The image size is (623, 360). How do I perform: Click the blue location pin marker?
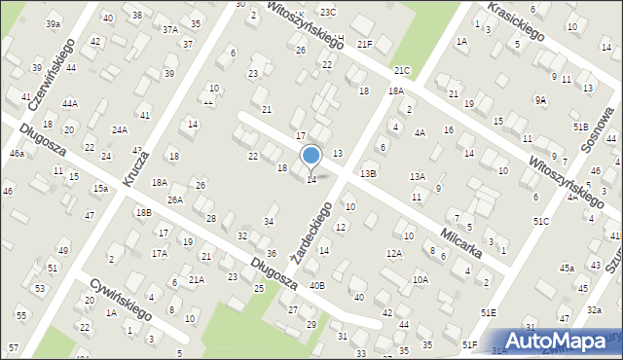pos(311,156)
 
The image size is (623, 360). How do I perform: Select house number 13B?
pos(367,173)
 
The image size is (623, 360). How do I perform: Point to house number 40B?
pos(316,285)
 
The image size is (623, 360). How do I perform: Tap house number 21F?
pos(364,44)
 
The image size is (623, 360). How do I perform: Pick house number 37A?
pos(170,30)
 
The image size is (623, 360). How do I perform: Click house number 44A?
pos(70,103)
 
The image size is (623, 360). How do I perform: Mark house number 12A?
pos(393,253)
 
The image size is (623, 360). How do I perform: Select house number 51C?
pos(541,222)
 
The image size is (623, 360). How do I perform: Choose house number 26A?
pos(174,199)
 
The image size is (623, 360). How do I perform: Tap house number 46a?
pos(17,154)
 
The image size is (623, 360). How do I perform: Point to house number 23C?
pos(328,12)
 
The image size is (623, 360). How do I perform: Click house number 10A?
pos(420,278)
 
